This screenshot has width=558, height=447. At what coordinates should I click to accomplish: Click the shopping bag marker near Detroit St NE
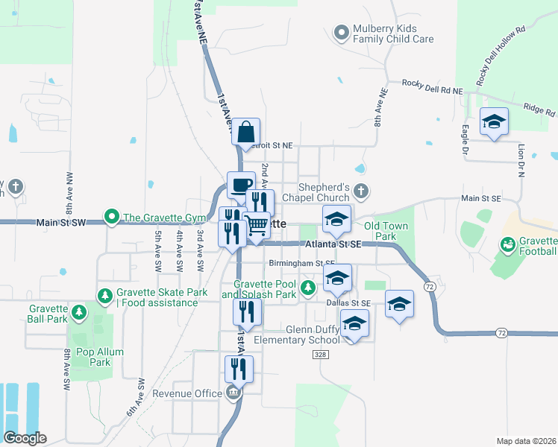245,132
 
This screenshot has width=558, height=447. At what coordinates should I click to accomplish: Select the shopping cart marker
257,224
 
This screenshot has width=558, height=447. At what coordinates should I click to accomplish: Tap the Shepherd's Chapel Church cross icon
361,191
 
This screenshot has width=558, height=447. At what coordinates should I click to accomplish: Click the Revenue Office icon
233,393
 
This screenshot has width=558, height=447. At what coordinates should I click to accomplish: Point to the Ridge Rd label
539,110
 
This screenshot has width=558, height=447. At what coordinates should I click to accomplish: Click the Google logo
25,437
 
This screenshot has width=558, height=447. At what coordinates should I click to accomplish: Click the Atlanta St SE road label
333,244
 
